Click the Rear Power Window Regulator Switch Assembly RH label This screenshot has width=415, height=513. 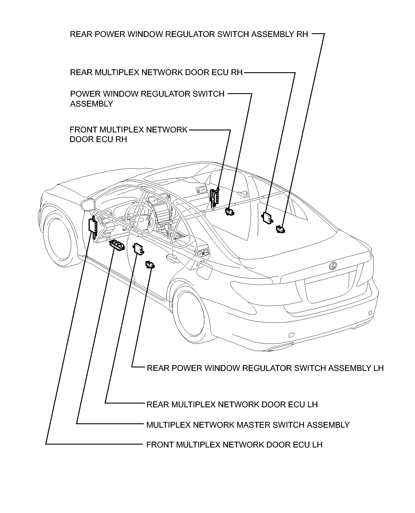(x=189, y=34)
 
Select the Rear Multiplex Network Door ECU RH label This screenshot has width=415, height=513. (x=156, y=72)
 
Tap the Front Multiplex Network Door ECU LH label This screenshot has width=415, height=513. (x=234, y=445)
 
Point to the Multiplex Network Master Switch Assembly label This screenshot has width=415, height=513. (x=248, y=425)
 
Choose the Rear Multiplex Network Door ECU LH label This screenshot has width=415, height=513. (x=232, y=404)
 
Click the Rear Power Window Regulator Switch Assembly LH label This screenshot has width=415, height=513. (x=265, y=368)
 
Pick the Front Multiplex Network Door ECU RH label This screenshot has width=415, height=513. (x=128, y=134)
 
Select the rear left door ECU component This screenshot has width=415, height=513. (x=138, y=249)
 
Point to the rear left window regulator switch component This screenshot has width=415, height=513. (x=150, y=264)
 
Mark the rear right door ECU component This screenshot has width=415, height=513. (x=267, y=217)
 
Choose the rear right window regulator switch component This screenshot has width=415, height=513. (x=280, y=229)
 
